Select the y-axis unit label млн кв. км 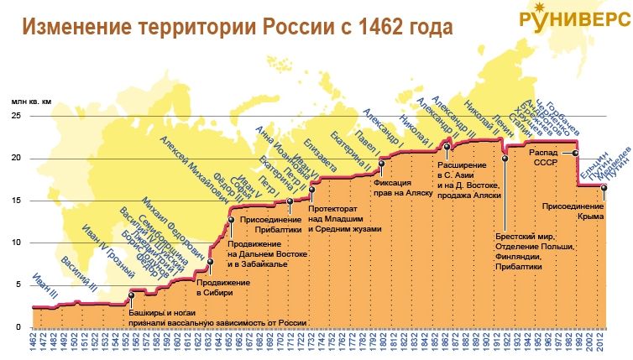click(30, 101)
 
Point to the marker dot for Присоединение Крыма click(604, 187)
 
